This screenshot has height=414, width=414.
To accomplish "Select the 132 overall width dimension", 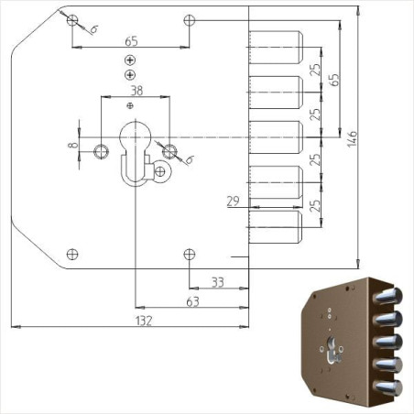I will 142,321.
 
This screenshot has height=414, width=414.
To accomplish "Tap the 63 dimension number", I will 192,300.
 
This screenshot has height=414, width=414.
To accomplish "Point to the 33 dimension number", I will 218,282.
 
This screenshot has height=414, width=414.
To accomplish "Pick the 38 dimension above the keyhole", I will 136,91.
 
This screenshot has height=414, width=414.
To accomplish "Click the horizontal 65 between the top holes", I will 130,41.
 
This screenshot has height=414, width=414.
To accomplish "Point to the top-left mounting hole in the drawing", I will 73,19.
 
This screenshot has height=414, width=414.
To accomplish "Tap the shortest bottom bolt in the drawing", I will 275,225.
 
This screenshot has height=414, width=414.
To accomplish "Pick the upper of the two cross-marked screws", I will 130,60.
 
